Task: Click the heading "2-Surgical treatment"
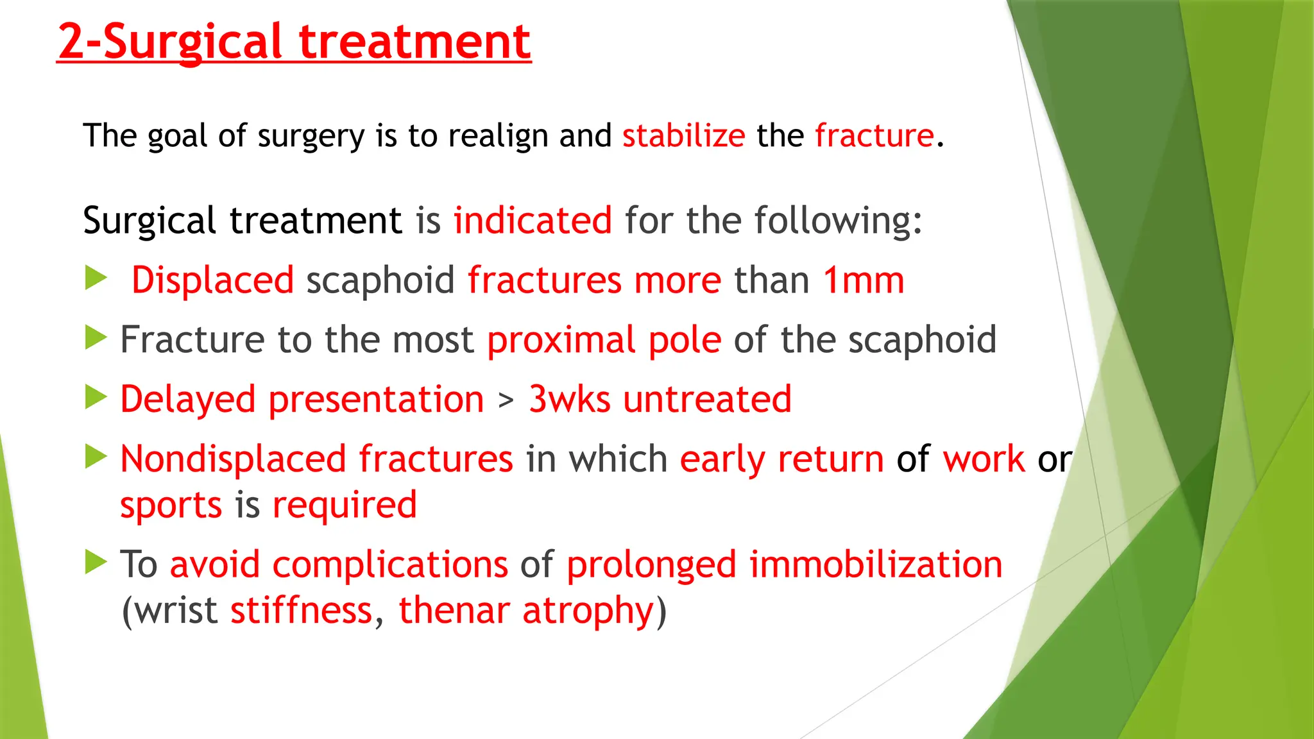(294, 42)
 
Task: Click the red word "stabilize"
(683, 136)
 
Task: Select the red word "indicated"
(533, 221)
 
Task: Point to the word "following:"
(837, 221)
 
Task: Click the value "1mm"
(864, 281)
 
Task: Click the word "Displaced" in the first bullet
(212, 281)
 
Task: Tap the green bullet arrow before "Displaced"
(96, 278)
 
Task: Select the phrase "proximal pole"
(604, 340)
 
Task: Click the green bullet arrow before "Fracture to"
(96, 337)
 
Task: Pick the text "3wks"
(569, 400)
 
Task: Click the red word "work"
(984, 459)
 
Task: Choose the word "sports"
(171, 505)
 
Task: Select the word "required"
(345, 505)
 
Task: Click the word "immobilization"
(875, 565)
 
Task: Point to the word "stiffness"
(302, 610)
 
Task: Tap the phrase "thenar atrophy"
(525, 610)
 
